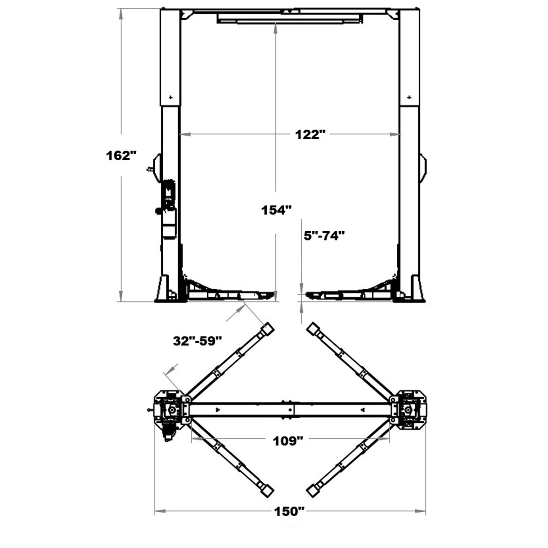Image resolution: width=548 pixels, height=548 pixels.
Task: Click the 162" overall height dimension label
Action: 121,156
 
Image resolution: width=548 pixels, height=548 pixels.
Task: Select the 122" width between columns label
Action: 310,134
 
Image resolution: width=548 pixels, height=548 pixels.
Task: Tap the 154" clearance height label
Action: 276,210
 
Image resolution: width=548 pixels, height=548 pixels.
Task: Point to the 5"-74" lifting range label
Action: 324,236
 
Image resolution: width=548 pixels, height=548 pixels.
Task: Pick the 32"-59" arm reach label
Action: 197,341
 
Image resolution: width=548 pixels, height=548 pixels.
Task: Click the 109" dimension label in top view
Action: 288,441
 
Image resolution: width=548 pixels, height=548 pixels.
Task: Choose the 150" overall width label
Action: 289,511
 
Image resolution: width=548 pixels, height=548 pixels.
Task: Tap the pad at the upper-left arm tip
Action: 268,328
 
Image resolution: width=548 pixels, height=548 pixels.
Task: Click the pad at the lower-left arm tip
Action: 268,490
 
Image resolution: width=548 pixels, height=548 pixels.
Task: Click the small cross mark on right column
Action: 409,97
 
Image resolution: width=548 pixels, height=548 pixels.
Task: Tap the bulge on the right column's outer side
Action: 423,167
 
